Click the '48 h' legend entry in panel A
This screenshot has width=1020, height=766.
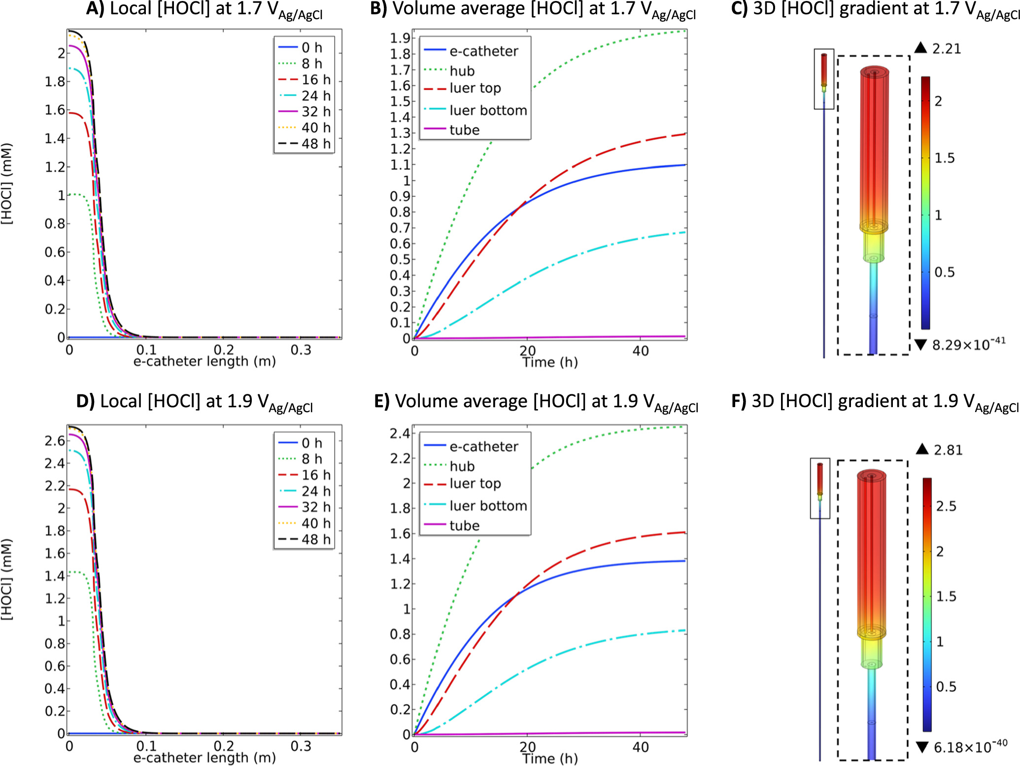316,143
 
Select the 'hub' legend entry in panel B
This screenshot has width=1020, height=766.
462,71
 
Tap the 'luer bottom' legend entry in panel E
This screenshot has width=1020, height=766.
488,506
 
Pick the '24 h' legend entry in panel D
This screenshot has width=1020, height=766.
316,491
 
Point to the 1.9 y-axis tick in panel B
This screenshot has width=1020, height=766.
400,38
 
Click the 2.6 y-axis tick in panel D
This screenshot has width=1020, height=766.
55,440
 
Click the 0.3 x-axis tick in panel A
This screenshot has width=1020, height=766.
301,350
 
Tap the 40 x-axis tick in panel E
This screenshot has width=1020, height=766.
640,747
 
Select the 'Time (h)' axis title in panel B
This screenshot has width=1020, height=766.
550,362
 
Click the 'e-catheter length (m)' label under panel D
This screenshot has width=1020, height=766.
204,758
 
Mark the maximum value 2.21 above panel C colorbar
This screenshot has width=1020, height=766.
947,48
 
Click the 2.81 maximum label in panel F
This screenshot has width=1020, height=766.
948,450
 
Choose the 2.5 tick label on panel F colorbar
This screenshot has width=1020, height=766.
946,506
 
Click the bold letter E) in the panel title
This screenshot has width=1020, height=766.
382,401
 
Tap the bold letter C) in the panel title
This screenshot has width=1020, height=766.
739,8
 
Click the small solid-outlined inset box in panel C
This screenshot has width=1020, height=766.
823,79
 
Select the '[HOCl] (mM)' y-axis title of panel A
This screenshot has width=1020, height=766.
7,184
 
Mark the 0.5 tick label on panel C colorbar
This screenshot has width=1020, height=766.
944,272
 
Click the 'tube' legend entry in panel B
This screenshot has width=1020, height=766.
464,130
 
